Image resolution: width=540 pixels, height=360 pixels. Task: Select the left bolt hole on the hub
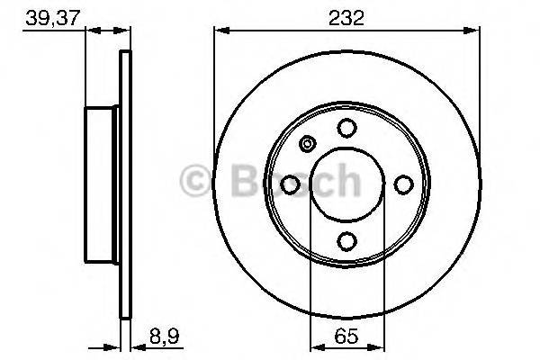[291, 184]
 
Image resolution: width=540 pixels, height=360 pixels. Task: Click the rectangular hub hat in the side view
[103, 184]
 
